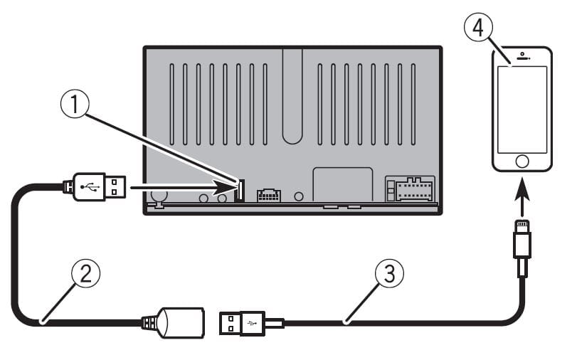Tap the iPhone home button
tap(523, 161)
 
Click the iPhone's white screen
tap(523, 109)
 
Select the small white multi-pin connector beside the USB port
tap(269, 194)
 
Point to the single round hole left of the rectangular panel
tap(299, 196)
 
